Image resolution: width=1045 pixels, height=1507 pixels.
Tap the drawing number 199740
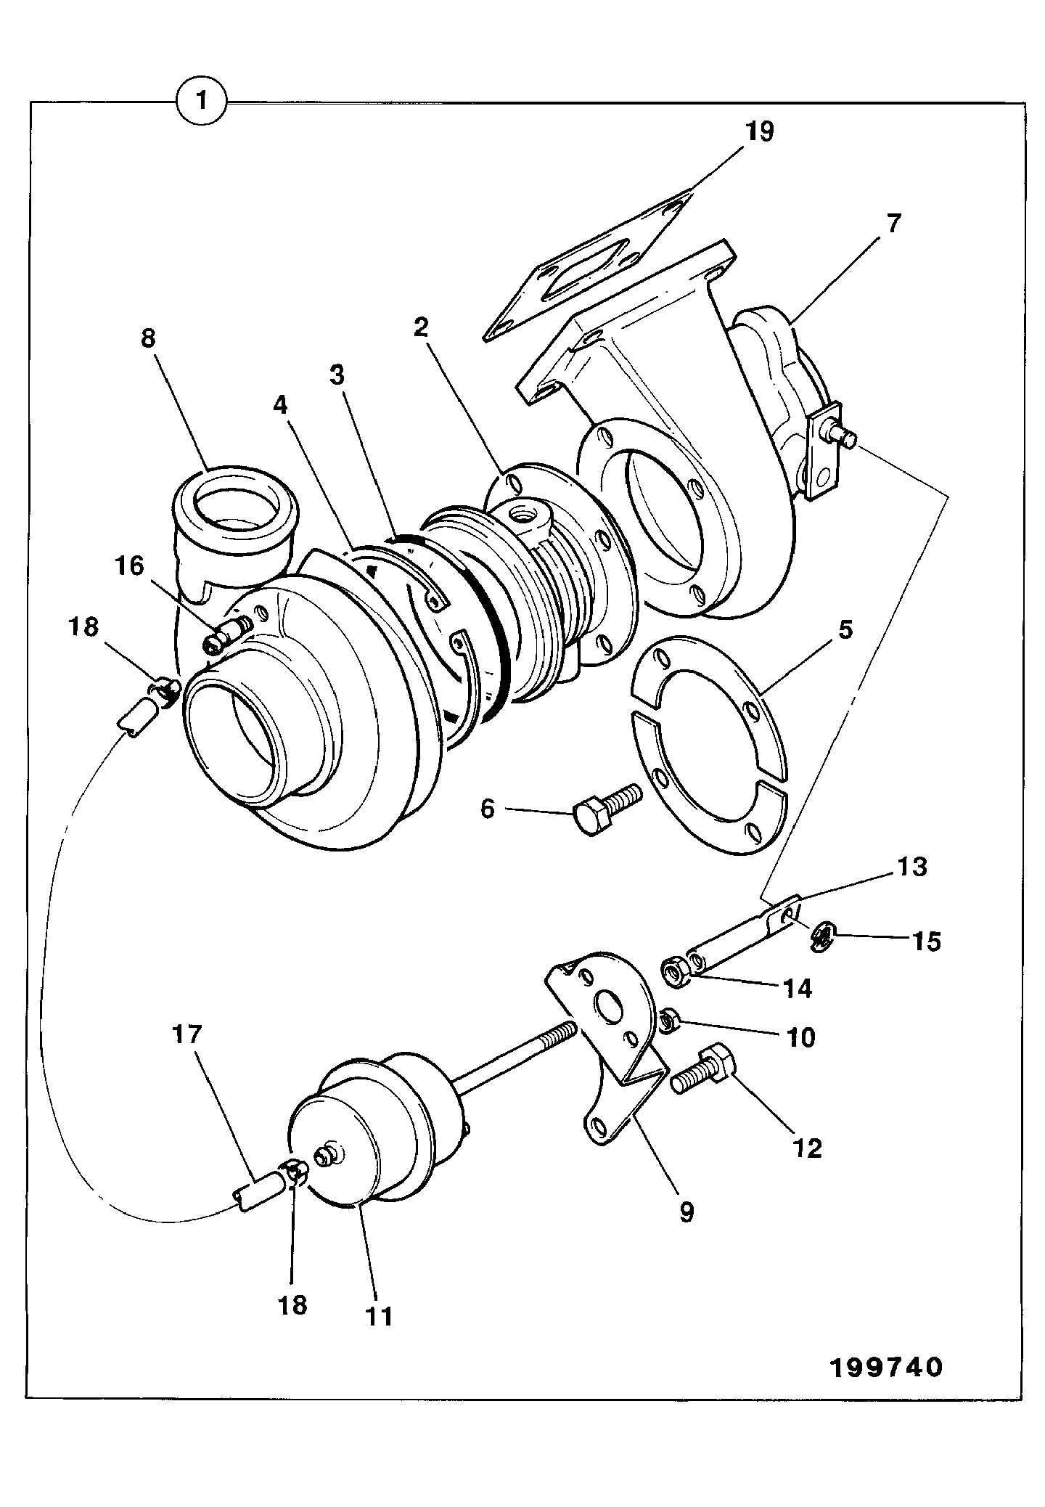pyautogui.click(x=886, y=1367)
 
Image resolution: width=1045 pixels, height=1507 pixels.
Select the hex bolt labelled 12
pyautogui.click(x=702, y=1077)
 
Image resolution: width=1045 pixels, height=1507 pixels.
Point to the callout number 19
pyautogui.click(x=758, y=131)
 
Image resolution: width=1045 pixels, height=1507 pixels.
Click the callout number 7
pyautogui.click(x=893, y=223)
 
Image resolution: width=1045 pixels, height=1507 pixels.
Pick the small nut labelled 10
pyautogui.click(x=670, y=1021)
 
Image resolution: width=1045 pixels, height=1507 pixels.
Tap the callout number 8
pyautogui.click(x=148, y=339)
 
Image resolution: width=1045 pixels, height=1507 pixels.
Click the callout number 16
pyautogui.click(x=131, y=565)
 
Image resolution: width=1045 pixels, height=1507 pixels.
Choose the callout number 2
pyautogui.click(x=421, y=328)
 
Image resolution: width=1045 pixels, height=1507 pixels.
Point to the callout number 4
pyautogui.click(x=280, y=405)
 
